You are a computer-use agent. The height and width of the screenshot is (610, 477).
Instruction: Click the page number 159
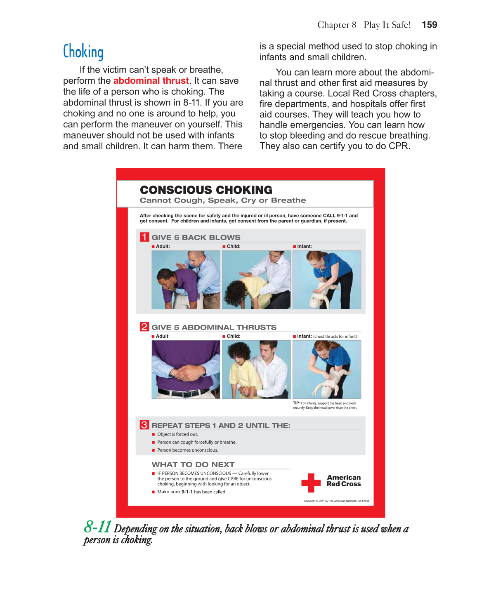pyautogui.click(x=429, y=25)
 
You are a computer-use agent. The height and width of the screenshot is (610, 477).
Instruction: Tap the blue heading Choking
pyautogui.click(x=83, y=52)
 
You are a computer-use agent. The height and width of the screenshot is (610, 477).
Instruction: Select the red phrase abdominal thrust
pyautogui.click(x=151, y=81)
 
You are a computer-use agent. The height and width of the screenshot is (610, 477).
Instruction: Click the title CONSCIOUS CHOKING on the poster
pyautogui.click(x=206, y=190)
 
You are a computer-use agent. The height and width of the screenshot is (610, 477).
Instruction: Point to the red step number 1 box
pyautogui.click(x=144, y=237)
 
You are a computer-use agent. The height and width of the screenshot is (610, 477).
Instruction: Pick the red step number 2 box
pyautogui.click(x=144, y=327)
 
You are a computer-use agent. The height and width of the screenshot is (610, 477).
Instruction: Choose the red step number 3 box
pyautogui.click(x=144, y=425)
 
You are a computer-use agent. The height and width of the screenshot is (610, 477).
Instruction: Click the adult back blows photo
pyautogui.click(x=186, y=280)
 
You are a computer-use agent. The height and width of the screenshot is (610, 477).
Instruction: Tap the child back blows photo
pyautogui.click(x=256, y=280)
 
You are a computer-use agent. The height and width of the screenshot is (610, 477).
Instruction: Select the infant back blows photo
pyautogui.click(x=327, y=280)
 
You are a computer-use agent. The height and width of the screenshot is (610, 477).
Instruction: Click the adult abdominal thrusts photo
pyautogui.click(x=186, y=370)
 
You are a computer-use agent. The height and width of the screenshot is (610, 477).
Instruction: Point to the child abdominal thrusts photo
pyautogui.click(x=256, y=370)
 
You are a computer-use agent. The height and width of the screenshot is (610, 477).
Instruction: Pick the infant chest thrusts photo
pyautogui.click(x=327, y=370)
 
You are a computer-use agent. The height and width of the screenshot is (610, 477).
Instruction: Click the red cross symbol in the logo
pyautogui.click(x=311, y=483)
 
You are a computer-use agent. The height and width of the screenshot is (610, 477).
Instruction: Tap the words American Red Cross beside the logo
pyautogui.click(x=344, y=480)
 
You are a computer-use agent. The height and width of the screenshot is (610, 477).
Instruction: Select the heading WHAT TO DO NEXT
pyautogui.click(x=193, y=464)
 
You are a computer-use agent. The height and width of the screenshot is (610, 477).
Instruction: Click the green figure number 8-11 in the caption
pyautogui.click(x=98, y=527)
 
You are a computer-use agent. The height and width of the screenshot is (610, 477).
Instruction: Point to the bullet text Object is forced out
pyautogui.click(x=177, y=434)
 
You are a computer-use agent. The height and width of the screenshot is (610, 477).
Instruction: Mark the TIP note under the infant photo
pyautogui.click(x=325, y=405)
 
